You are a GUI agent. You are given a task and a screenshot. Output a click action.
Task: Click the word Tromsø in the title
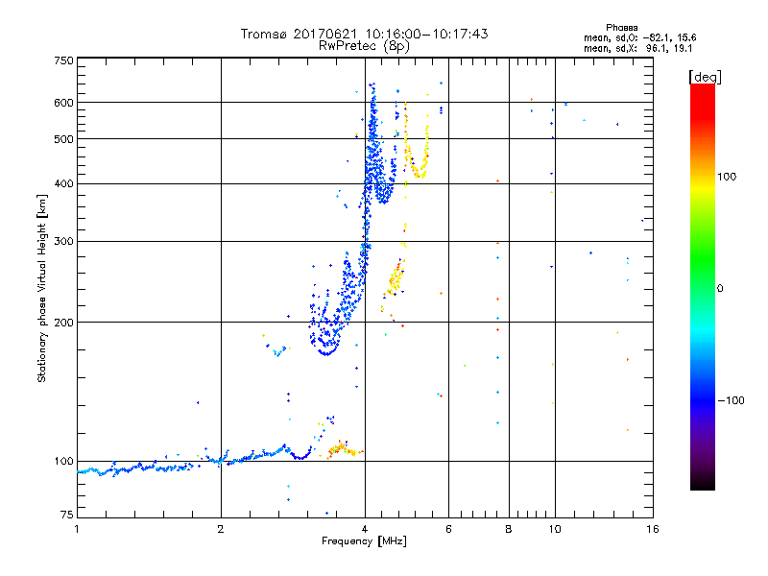262,34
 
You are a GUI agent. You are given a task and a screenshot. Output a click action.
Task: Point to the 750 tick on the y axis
63,60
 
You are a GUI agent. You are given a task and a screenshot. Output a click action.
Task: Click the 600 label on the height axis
63,103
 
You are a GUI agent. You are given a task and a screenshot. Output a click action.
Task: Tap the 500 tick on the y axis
63,139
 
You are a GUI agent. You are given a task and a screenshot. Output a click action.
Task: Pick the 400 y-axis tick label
63,183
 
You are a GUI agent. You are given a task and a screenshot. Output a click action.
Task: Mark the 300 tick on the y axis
63,241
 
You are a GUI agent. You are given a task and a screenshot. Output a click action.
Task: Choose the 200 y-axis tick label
63,323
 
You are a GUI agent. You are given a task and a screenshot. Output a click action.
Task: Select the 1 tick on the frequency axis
77,529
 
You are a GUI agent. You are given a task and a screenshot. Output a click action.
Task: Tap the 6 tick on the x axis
448,529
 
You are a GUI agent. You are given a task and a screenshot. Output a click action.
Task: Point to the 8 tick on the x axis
509,529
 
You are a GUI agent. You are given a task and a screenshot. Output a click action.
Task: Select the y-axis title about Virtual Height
42,289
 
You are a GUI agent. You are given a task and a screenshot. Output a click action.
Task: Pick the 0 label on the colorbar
719,288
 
